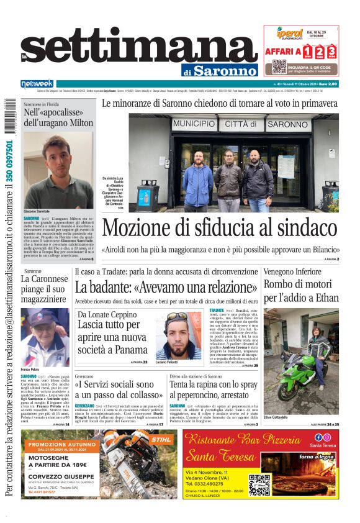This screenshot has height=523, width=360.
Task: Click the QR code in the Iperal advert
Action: tap(279, 66)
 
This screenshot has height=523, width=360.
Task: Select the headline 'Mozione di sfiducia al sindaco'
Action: tap(220, 228)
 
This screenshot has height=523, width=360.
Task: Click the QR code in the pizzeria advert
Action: tap(259, 484)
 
